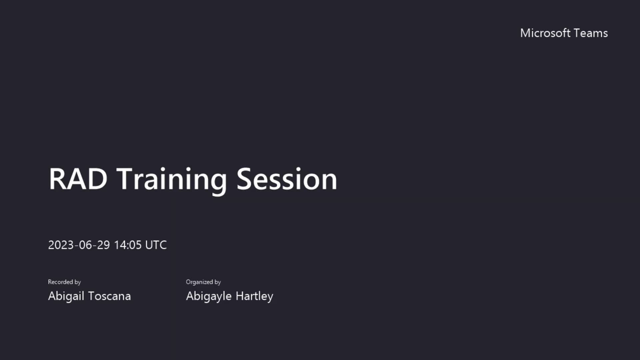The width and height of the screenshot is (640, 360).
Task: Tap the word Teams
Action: coord(591,33)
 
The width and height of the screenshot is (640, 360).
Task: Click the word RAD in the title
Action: coord(78,179)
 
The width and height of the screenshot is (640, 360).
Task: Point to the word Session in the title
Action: coord(287,179)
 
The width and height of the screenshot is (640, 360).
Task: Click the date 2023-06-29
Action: coord(79,245)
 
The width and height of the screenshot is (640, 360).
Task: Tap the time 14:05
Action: coord(128,245)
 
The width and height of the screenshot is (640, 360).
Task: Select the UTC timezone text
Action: coord(156,245)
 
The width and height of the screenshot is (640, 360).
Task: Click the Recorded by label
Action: coord(64,282)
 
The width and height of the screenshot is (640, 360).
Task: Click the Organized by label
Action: coord(203,282)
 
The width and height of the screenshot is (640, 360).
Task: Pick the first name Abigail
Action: coord(66,296)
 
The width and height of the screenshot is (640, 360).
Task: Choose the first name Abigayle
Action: coord(209,296)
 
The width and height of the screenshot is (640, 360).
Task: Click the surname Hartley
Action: coord(254,296)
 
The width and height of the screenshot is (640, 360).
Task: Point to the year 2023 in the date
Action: coord(61,245)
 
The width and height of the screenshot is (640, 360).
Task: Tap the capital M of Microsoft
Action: coord(526,33)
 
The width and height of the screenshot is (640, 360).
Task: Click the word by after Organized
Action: coord(217,282)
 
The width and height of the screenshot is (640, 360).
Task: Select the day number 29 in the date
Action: coord(103,245)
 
